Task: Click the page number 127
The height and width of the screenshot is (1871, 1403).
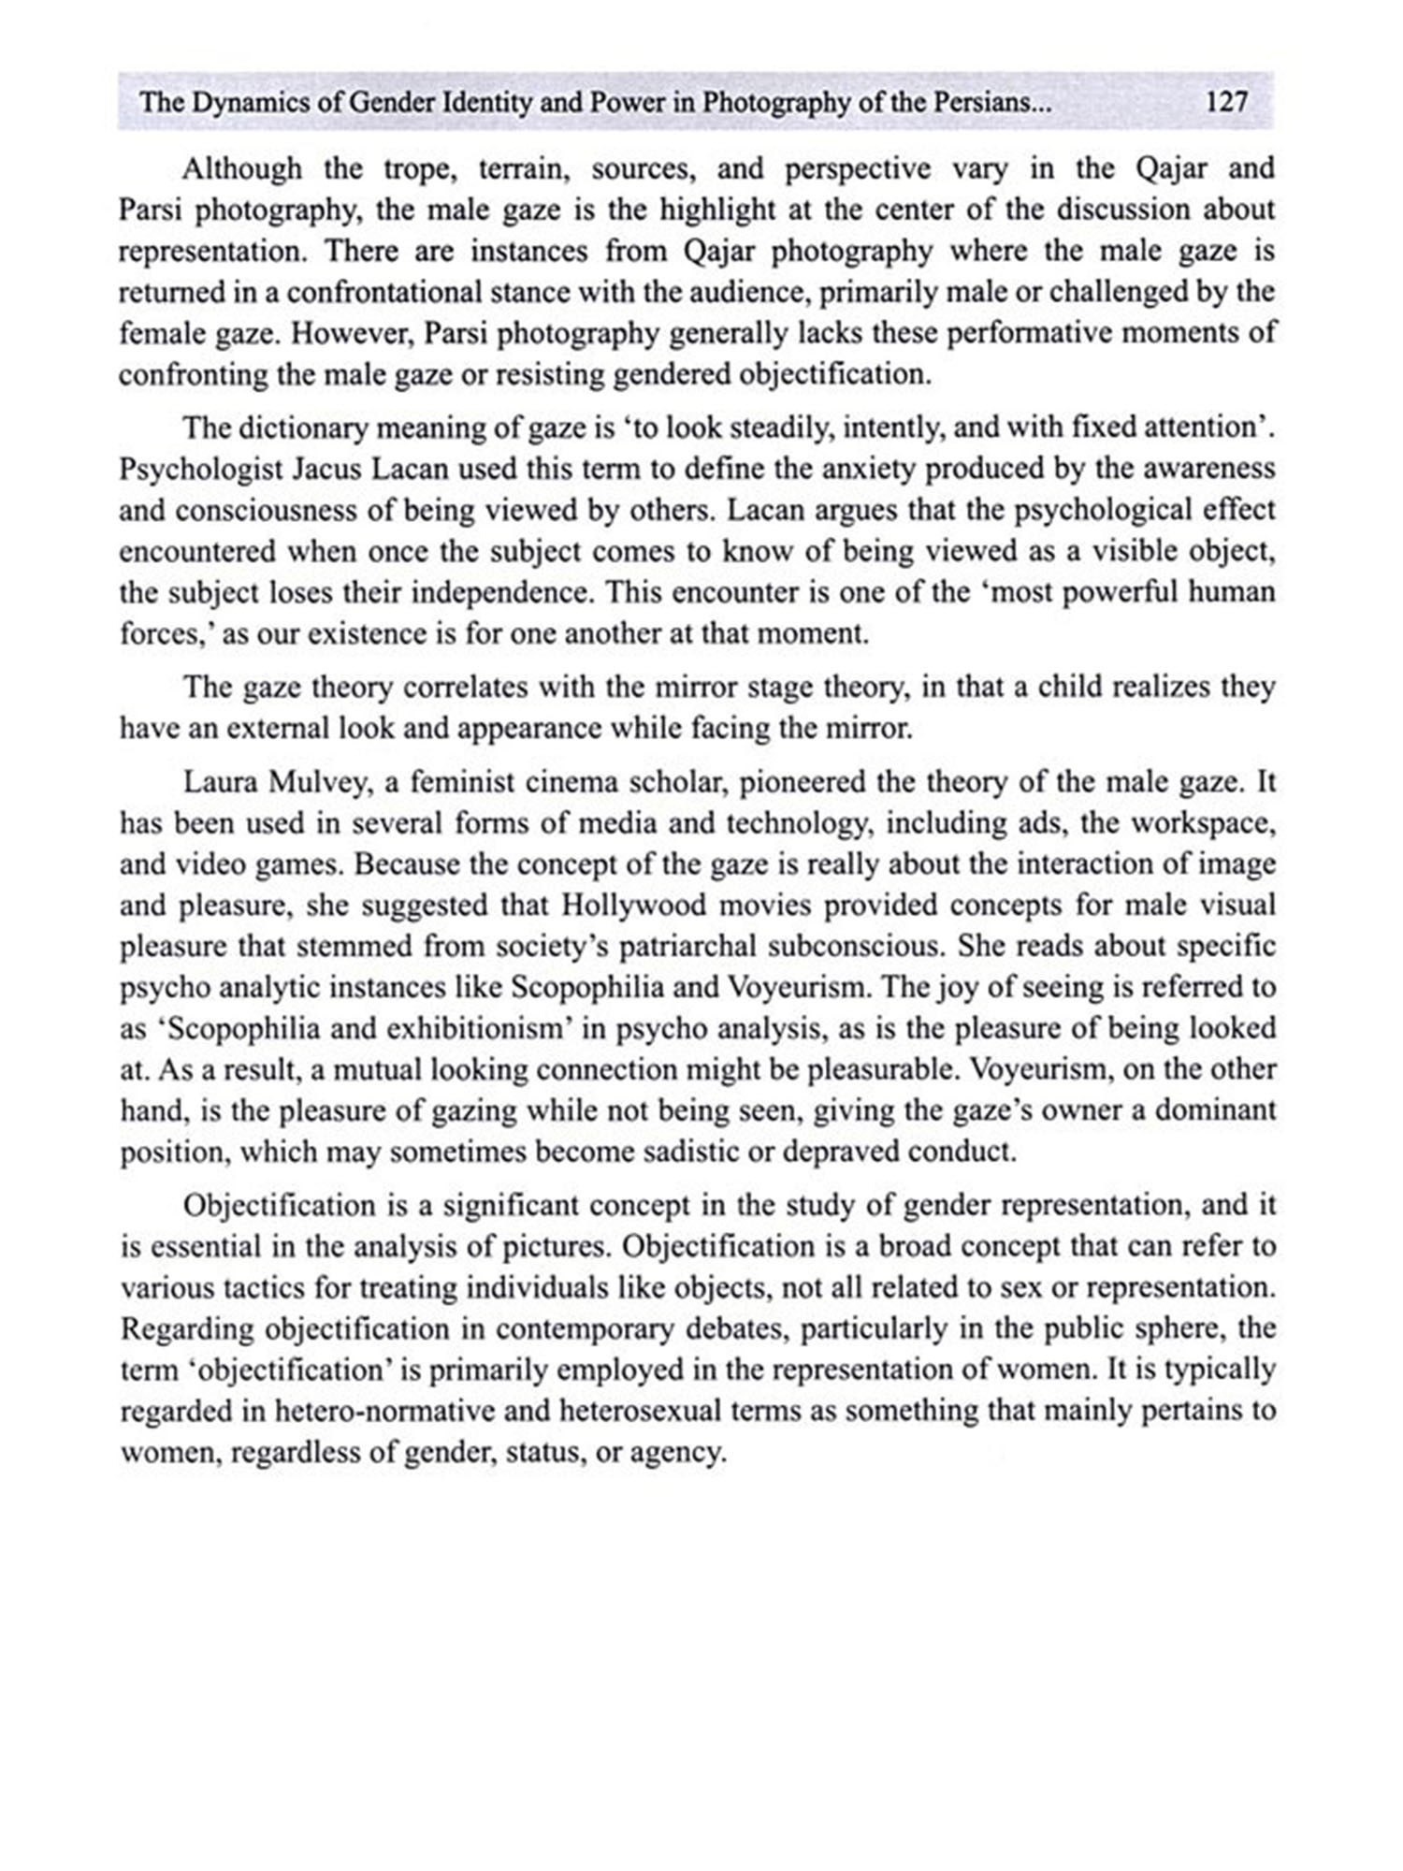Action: pos(1227,101)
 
